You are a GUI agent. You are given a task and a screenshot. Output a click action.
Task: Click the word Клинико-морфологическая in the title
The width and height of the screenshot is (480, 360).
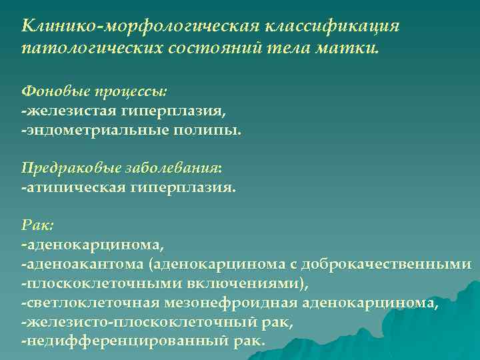[141, 26]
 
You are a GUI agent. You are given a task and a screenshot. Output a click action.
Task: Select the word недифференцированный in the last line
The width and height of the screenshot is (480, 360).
[126, 341]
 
